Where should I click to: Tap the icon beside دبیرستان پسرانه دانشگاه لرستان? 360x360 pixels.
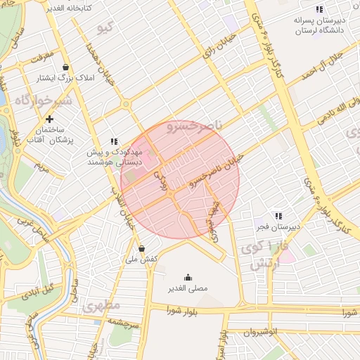[x=319, y=9]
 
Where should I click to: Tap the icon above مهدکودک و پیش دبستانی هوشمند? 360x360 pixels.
[x=115, y=141]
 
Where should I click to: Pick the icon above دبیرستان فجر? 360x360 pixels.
[x=278, y=216]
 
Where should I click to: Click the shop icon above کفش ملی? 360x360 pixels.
[x=142, y=247]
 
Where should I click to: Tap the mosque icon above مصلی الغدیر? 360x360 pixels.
[x=188, y=276]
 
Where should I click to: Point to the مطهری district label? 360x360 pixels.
[x=102, y=306]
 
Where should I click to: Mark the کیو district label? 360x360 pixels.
[x=106, y=28]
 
